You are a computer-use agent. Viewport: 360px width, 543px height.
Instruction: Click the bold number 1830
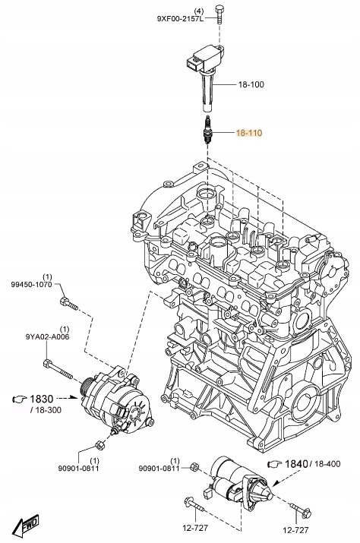[42, 398]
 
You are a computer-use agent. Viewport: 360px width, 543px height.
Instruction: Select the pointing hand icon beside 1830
[17, 398]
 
